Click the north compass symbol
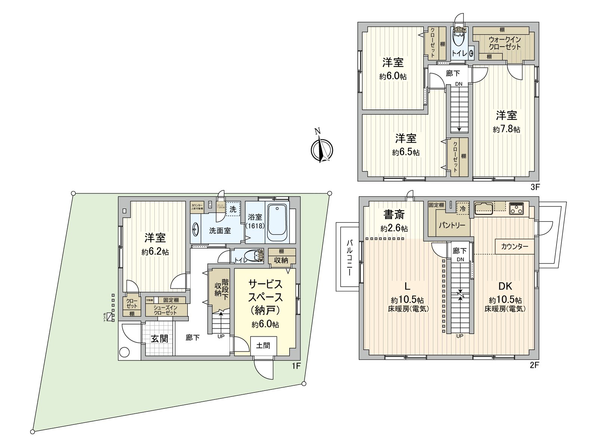pyautogui.click(x=322, y=149)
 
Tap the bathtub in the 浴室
pyautogui.click(x=278, y=223)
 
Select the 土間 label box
pyautogui.click(x=263, y=346)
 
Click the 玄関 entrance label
pyautogui.click(x=160, y=339)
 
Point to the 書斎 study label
pyautogui.click(x=394, y=215)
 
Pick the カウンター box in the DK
pyautogui.click(x=515, y=246)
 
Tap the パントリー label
pyautogui.click(x=452, y=225)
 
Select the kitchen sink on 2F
pyautogui.click(x=485, y=208)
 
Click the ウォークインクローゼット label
pyautogui.click(x=505, y=43)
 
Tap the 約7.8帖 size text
pyautogui.click(x=506, y=130)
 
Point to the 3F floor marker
pyautogui.click(x=535, y=187)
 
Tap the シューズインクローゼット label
pyautogui.click(x=165, y=310)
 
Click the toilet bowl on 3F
pyautogui.click(x=458, y=39)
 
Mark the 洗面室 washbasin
pyautogui.click(x=196, y=229)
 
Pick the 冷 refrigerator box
pyautogui.click(x=463, y=209)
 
